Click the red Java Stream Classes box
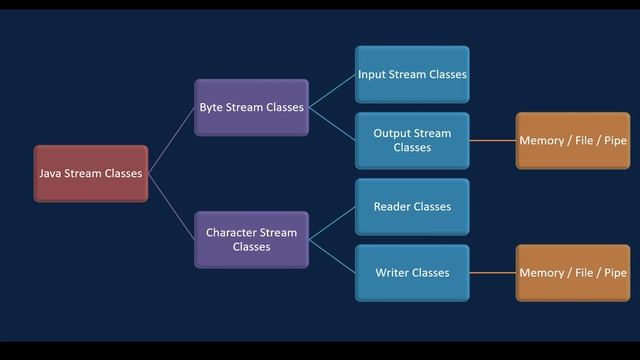[x=91, y=173]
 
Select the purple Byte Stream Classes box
[x=251, y=107]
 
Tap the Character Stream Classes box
[x=251, y=239]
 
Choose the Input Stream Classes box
[x=412, y=74]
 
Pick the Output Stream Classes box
[x=412, y=140]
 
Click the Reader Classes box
[x=412, y=207]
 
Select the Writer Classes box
[x=412, y=272]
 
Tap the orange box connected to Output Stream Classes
[x=573, y=140]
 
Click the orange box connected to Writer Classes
[x=573, y=272]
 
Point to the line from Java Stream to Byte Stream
[x=171, y=140]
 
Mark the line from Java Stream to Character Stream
[x=171, y=206]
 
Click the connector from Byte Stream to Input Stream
[x=332, y=91]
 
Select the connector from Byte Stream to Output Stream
[x=332, y=124]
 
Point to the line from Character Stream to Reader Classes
[x=332, y=223]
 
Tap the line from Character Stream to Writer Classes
[x=332, y=256]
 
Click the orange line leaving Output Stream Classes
[x=492, y=140]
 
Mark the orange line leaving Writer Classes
[x=492, y=272]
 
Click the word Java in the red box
[x=51, y=173]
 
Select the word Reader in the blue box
[x=394, y=207]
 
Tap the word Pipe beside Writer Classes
[x=614, y=272]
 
